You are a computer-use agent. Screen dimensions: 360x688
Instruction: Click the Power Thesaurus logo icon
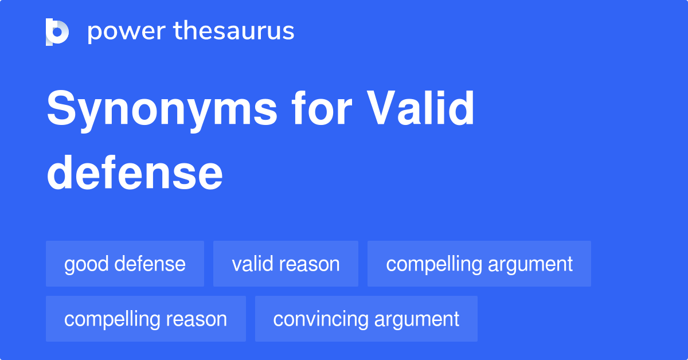[x=57, y=32]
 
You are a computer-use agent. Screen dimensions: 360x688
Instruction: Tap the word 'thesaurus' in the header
[x=234, y=32]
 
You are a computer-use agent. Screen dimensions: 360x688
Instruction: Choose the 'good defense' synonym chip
[x=125, y=264]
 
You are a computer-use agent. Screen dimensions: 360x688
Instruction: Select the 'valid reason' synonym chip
[x=286, y=264]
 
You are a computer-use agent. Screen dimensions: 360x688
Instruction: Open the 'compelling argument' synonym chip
[x=479, y=264]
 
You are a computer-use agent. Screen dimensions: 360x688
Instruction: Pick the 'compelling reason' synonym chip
[x=146, y=319]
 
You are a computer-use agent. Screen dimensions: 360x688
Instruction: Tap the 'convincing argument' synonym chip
[x=366, y=319]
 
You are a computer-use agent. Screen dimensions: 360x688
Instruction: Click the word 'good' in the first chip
[x=87, y=264]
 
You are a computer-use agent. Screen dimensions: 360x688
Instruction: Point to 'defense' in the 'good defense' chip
[x=150, y=264]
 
